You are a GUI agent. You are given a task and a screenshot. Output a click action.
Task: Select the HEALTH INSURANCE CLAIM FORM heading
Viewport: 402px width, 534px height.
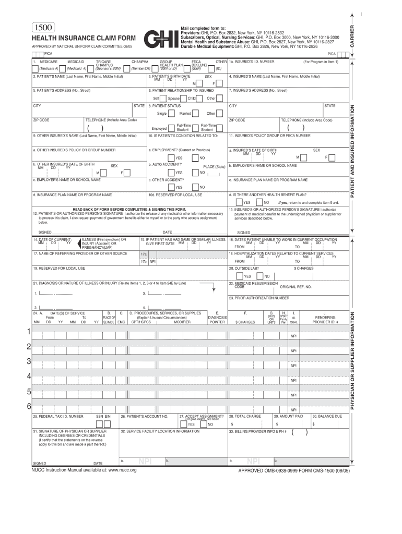click(84, 39)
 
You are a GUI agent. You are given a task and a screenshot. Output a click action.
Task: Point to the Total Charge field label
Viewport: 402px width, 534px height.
click(248, 416)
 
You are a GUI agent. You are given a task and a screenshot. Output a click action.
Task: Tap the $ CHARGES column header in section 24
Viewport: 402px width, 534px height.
click(245, 322)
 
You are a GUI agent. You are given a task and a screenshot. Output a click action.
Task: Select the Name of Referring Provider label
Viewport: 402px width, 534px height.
click(80, 253)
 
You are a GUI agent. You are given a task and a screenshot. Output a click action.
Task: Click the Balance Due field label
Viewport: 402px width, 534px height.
click(327, 416)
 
